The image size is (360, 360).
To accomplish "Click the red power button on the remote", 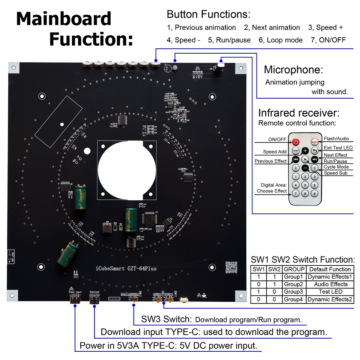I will coord(296,142).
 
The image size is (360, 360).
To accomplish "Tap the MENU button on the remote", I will coord(315,142).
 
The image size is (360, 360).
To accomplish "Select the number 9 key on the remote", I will coord(315,193).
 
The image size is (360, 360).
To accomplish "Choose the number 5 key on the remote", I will coord(306,185).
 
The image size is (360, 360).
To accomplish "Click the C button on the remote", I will coord(315,168).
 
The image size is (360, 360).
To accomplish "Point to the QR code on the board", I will coord(231,267).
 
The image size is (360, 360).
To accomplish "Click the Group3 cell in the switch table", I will coord(293,292).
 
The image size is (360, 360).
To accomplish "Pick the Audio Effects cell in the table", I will coord(330,284).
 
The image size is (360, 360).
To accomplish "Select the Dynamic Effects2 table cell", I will coord(330,299).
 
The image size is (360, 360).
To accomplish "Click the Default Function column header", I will coord(330,269).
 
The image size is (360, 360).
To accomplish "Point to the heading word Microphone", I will coord(293,69).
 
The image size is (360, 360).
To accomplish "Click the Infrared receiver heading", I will coord(299,113).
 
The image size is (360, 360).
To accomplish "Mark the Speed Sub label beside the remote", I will coord(336,173).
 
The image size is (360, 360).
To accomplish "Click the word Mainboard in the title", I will coord(64,19).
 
